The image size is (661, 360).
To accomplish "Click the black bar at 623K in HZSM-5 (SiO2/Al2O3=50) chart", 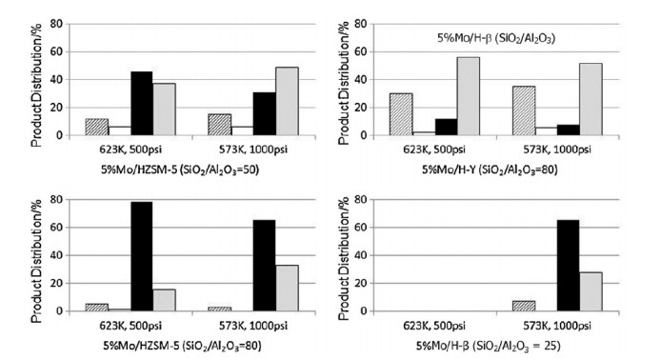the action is (x=142, y=103).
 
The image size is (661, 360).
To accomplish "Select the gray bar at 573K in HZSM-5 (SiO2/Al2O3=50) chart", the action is (x=287, y=101).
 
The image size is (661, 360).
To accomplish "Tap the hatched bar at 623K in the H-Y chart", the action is (x=401, y=114).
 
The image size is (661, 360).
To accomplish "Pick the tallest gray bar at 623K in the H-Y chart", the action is (x=469, y=96).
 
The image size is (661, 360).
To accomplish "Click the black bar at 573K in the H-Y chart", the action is (x=569, y=130).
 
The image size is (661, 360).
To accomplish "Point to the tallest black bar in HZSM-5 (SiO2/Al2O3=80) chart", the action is (x=142, y=256).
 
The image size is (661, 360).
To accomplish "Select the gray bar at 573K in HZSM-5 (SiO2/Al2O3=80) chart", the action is (x=287, y=288).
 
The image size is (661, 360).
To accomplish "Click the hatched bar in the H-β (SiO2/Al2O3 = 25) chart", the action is (x=524, y=306).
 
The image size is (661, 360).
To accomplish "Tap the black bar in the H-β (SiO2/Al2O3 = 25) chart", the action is (x=569, y=266).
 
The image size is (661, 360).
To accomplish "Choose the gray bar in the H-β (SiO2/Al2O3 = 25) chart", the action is (x=591, y=291).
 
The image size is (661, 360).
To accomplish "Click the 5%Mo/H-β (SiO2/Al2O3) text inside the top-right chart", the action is (x=495, y=38).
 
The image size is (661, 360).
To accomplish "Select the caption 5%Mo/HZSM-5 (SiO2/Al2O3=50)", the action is (x=180, y=170).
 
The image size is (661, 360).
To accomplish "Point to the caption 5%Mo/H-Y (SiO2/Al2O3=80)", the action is (x=490, y=170).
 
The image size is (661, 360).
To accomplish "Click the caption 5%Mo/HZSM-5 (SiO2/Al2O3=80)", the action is (x=182, y=346).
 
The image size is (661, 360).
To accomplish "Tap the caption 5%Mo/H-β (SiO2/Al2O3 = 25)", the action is (x=489, y=346).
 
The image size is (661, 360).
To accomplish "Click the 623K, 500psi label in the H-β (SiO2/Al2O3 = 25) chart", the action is (x=434, y=326).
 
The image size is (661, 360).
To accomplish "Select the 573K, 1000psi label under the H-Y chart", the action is (x=557, y=150).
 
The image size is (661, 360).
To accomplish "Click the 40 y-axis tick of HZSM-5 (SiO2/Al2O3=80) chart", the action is (x=56, y=255).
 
